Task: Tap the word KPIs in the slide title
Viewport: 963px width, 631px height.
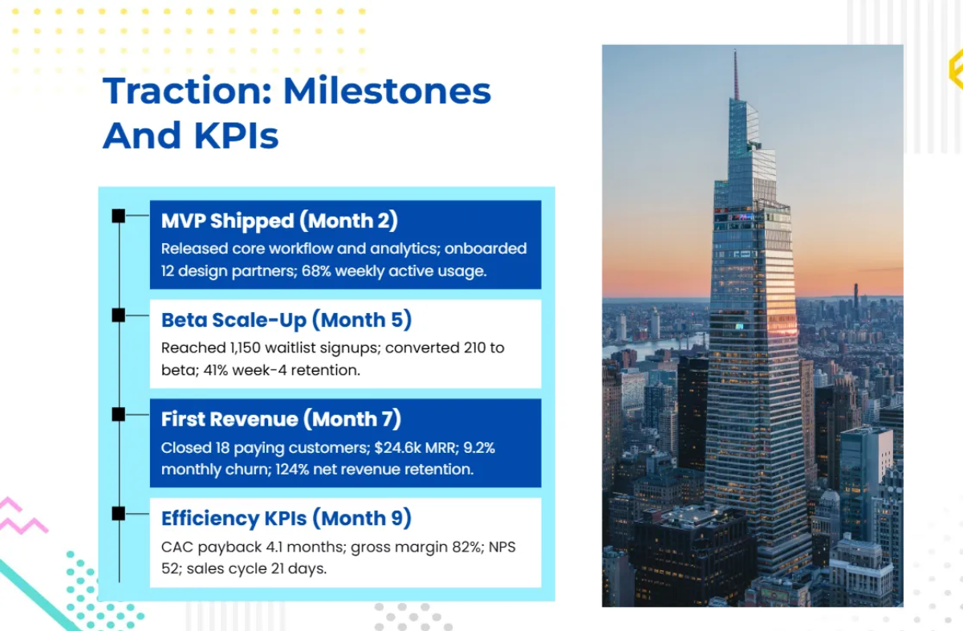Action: [236, 136]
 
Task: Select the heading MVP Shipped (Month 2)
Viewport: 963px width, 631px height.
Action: [279, 221]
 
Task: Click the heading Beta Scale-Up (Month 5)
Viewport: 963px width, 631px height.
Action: [286, 320]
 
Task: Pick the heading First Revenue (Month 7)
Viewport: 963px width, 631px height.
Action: [281, 419]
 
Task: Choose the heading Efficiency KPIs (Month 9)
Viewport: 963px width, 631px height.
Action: [286, 519]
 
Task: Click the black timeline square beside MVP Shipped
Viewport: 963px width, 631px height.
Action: [119, 216]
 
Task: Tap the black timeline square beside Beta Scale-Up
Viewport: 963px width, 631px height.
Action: [119, 315]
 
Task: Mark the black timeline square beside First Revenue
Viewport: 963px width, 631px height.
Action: [119, 414]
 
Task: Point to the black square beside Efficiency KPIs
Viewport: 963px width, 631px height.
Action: [119, 514]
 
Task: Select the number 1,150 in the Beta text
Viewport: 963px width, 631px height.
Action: [246, 348]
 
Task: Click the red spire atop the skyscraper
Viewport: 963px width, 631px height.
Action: [736, 75]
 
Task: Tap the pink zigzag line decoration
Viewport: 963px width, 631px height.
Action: [22, 515]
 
